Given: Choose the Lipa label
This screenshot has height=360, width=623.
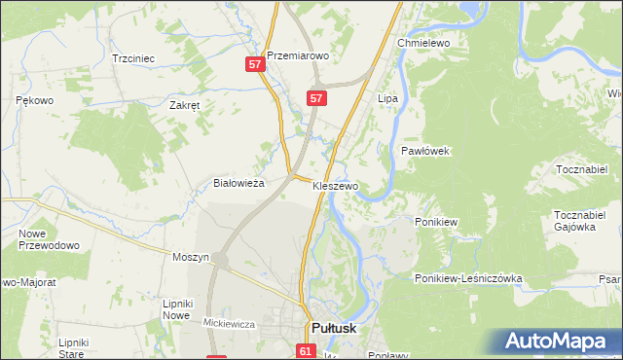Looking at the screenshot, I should pos(388,99).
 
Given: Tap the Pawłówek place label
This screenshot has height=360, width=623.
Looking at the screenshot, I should pos(424,151).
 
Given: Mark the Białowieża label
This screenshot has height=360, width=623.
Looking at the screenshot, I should pos(239,183).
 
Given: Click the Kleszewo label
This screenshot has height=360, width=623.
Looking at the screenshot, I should pos(336,185).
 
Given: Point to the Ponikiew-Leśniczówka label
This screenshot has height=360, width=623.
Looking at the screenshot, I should pos(469,278).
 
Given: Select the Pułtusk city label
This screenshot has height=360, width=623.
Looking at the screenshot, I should pos(333,329).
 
